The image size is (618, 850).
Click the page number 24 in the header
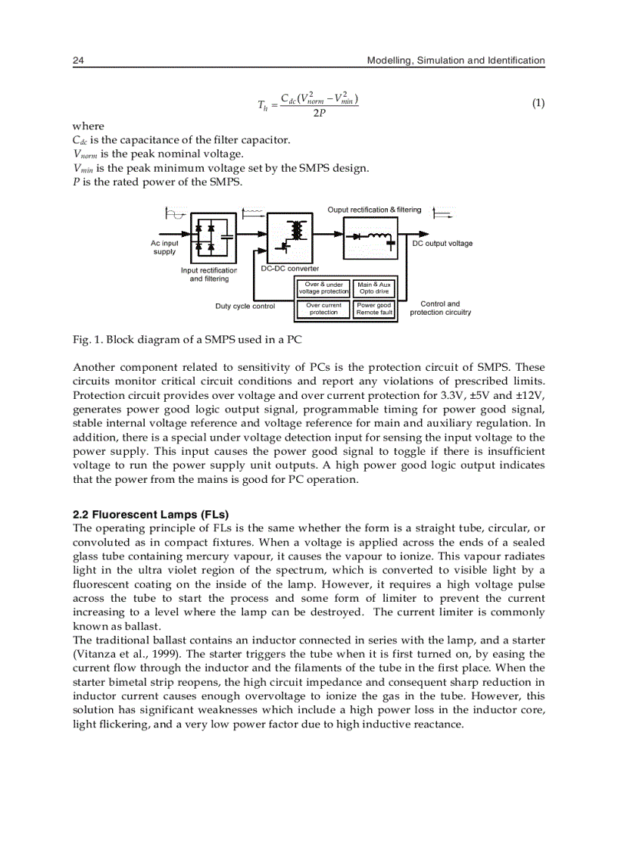coord(77,61)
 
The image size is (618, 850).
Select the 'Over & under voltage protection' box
coord(323,288)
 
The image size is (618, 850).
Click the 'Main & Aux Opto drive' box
coord(374,288)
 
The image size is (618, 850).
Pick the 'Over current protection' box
coord(323,309)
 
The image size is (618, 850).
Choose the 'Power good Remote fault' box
coord(374,309)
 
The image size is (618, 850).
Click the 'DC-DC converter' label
coord(290,269)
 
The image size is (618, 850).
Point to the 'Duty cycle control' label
coord(245,307)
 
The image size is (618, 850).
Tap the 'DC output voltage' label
coord(442,244)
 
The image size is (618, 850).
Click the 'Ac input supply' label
coord(164,248)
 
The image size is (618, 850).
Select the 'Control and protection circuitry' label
coord(440,308)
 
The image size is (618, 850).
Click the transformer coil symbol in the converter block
coord(296,228)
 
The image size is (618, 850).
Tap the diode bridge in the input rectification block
coord(204,236)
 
